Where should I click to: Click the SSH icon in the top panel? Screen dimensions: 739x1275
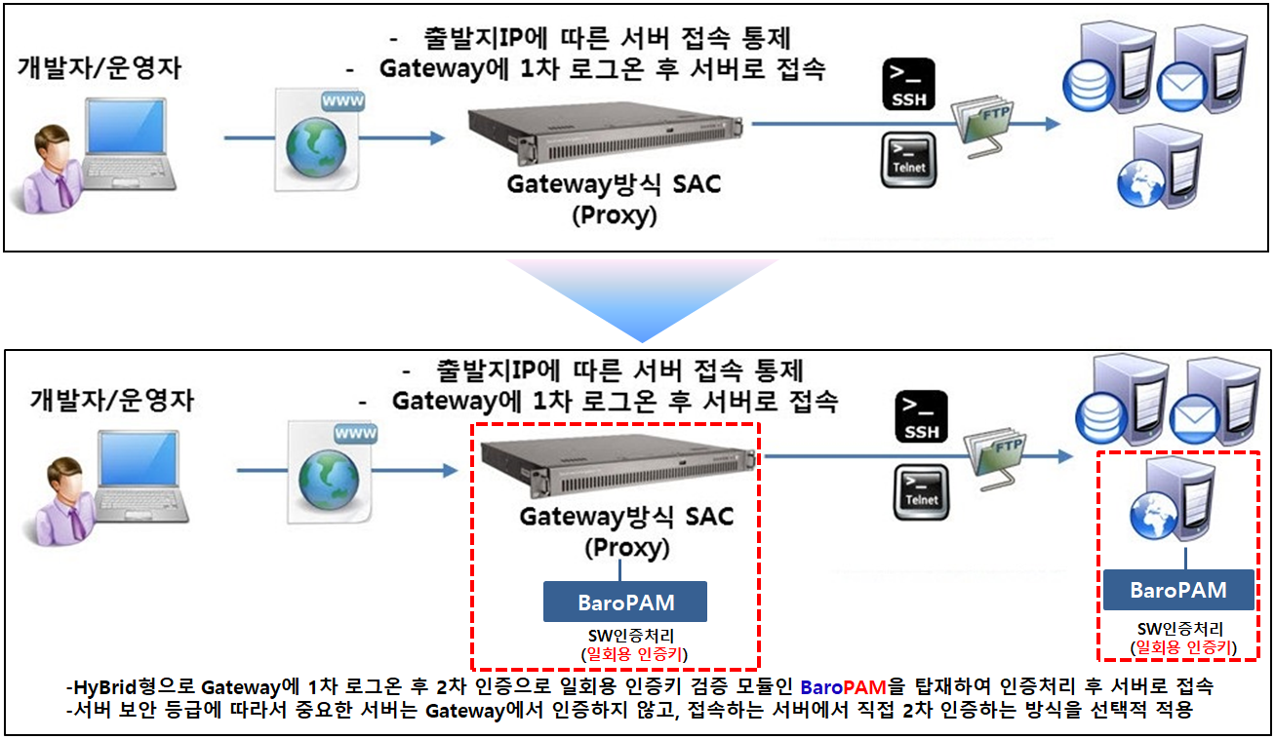(x=908, y=85)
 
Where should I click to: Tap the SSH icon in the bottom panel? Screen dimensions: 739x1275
(x=921, y=417)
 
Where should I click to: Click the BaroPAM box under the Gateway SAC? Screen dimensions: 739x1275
(x=625, y=602)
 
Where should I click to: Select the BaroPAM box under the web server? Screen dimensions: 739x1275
(x=1177, y=590)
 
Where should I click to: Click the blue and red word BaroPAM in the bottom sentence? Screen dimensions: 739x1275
(x=849, y=685)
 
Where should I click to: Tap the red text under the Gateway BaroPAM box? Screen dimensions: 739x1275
(x=624, y=653)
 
